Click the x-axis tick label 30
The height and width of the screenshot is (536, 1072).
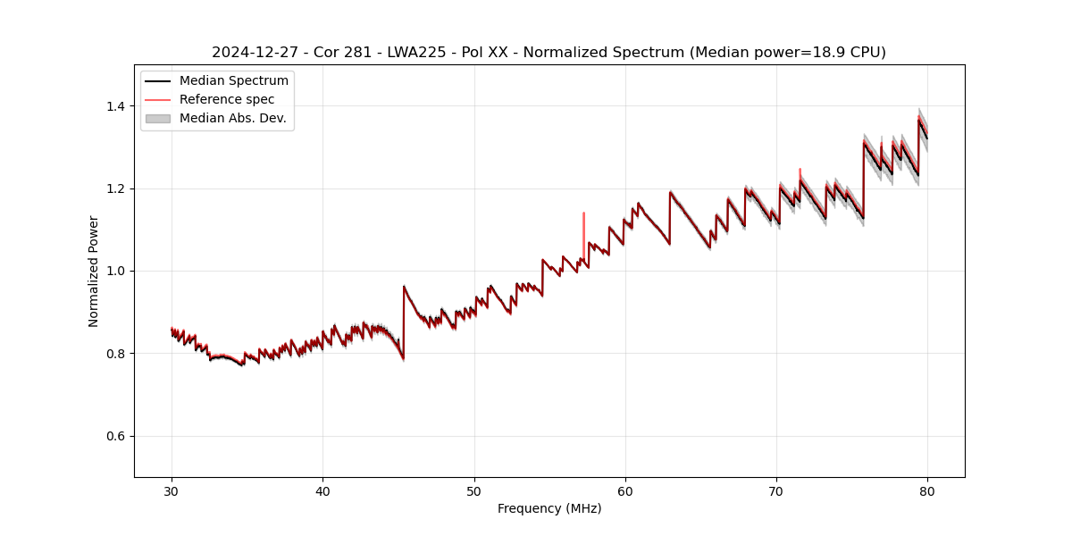coord(172,490)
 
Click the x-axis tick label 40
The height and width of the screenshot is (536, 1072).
coord(322,490)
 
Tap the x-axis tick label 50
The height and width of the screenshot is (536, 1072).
coord(474,490)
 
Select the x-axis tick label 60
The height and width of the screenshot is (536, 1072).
coord(625,490)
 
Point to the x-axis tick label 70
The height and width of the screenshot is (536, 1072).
coord(776,490)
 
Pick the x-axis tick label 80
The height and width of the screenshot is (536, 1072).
coord(927,490)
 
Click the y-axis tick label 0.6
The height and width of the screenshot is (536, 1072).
coord(115,436)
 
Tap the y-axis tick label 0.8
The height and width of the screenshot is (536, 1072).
coord(115,354)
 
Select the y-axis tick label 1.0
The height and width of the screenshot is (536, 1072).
coord(115,271)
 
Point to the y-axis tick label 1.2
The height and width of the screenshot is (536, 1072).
coord(115,188)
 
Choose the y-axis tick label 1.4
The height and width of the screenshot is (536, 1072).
coord(115,106)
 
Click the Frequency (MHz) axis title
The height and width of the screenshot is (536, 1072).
coord(549,508)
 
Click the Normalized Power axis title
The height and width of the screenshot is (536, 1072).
coord(94,271)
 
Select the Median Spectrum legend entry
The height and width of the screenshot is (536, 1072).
coord(233,81)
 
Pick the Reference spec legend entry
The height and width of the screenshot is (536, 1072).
coord(227,99)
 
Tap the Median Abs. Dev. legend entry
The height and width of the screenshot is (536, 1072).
coord(232,118)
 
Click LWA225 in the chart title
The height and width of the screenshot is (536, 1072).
coord(416,53)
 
